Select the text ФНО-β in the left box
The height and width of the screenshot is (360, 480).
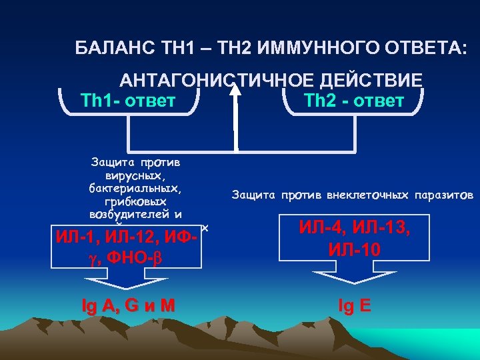pyautogui.click(x=140, y=256)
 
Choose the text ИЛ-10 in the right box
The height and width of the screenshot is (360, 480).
pyautogui.click(x=353, y=249)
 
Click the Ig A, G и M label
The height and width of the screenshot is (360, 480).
pyautogui.click(x=128, y=305)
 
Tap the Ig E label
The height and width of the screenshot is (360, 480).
pyautogui.click(x=355, y=305)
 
